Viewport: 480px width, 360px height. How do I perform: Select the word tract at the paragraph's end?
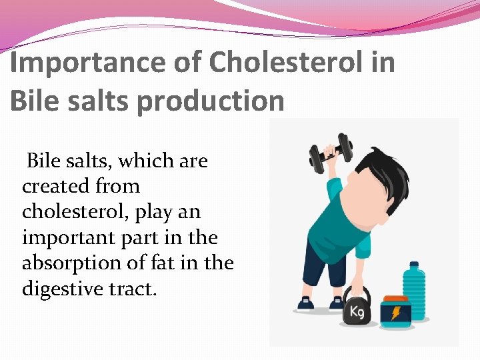coord(137,289)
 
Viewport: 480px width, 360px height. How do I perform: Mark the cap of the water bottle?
coord(414,265)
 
